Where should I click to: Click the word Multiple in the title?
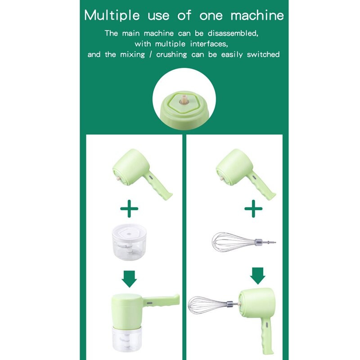point(112,15)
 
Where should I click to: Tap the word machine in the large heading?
point(257,15)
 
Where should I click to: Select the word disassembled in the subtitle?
point(233,33)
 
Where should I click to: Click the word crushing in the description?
point(171,54)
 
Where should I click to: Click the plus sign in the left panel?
point(129,208)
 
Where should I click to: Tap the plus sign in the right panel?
point(253,208)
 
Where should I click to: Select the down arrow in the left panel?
point(129,279)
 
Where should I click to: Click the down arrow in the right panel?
point(257,276)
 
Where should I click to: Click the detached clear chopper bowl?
point(129,242)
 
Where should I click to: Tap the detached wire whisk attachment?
point(243,242)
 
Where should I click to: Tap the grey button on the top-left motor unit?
point(151,177)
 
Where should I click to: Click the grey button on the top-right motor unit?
point(254,177)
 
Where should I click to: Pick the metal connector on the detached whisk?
point(258,242)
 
